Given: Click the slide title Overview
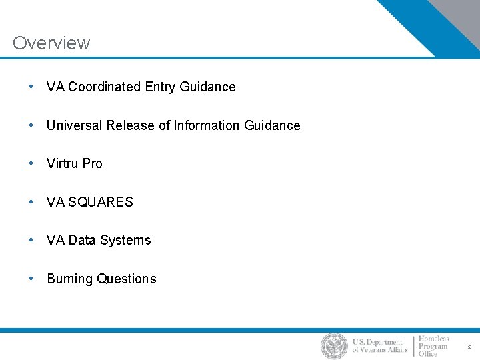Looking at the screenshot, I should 51,43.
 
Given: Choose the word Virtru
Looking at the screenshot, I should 63,163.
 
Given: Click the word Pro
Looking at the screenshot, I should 93,163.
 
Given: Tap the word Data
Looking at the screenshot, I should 82,240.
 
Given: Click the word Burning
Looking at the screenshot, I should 70,279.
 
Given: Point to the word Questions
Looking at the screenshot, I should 127,279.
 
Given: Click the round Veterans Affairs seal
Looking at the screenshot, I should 334,346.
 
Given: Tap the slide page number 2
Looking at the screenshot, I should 469,347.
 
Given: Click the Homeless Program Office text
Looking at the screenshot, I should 433,346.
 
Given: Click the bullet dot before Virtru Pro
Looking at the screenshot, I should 31,163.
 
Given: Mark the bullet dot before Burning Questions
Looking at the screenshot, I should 31,279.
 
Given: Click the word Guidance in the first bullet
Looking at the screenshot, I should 207,87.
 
